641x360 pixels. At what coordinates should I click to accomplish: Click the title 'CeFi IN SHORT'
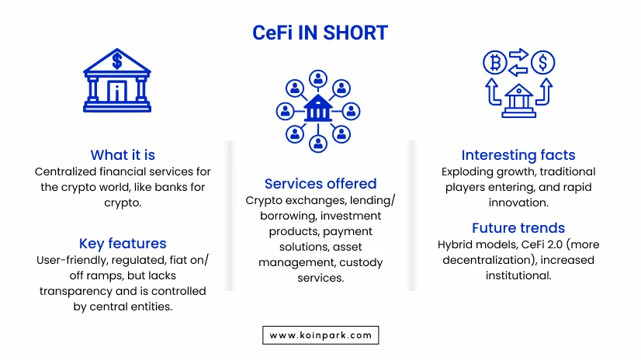tap(320, 33)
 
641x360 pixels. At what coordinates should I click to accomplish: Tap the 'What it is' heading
tap(123, 155)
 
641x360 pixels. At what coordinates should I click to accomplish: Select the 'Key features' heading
tap(123, 244)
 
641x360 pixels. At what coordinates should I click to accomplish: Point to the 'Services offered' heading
tap(320, 184)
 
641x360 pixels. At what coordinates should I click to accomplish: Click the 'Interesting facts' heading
tap(518, 155)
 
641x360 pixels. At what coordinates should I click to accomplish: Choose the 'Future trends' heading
tap(518, 227)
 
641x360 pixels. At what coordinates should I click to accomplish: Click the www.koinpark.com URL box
tap(320, 335)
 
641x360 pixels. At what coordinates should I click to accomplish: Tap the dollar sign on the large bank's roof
tap(117, 61)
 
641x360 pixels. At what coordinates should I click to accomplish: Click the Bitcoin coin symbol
tap(495, 63)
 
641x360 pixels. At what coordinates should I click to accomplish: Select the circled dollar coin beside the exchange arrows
tap(543, 63)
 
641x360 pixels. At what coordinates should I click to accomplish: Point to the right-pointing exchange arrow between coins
tap(518, 54)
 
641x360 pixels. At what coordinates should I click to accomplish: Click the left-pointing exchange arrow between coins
tap(518, 70)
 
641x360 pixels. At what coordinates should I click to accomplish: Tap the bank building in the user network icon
tap(318, 109)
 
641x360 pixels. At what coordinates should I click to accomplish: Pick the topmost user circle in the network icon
tap(318, 79)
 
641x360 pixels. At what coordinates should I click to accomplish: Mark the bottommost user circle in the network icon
tap(318, 144)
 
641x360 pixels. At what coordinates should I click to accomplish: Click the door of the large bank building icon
tap(117, 91)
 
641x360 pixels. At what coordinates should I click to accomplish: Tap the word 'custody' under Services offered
tap(361, 263)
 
